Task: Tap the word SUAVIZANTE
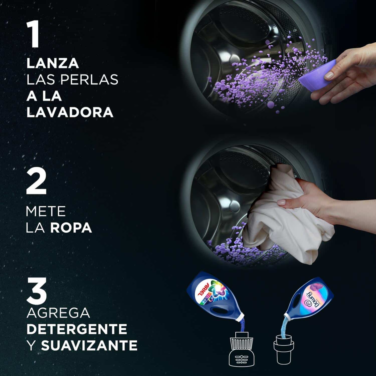89,345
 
